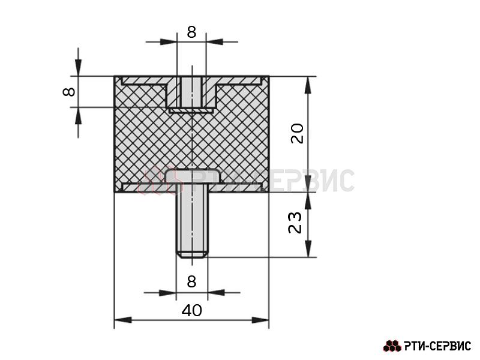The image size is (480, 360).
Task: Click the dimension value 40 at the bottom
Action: coord(191,310)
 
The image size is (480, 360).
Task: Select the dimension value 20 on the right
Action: coord(297,133)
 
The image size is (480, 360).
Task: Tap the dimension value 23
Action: coord(295,223)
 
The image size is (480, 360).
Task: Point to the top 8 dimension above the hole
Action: coord(191,32)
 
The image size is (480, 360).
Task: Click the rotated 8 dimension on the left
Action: coord(69,92)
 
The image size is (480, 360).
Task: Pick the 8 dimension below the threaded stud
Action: coord(191,281)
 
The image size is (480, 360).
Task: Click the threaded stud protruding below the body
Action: coord(192,223)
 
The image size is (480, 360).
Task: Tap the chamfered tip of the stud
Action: coord(192,254)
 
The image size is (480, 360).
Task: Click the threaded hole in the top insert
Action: coord(191,92)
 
